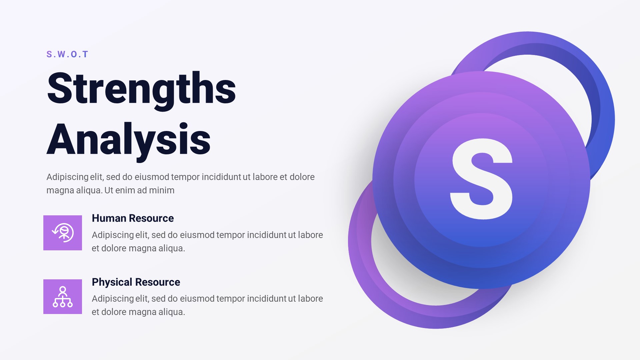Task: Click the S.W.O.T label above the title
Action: point(67,54)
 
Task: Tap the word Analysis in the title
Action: point(129,140)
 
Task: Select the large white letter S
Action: point(481,179)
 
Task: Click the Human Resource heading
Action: point(133,218)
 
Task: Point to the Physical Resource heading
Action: point(136,282)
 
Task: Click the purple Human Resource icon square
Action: point(63,233)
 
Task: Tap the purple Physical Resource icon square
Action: point(63,297)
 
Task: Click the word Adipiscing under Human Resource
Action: point(113,235)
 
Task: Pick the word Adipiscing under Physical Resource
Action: point(113,299)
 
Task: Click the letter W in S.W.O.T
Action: point(62,54)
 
